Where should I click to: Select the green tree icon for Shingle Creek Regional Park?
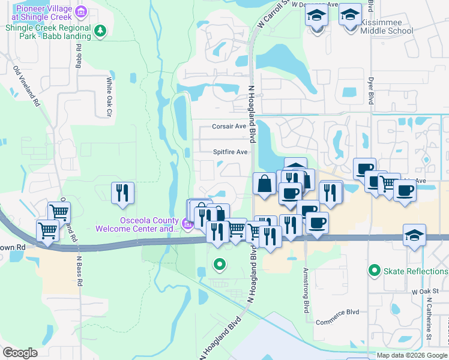tap(101, 31)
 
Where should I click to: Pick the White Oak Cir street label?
tap(109, 96)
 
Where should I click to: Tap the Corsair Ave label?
tap(229, 127)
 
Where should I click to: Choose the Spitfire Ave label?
tap(231, 152)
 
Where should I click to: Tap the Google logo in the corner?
tap(20, 353)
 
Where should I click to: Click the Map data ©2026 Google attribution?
tap(412, 355)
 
